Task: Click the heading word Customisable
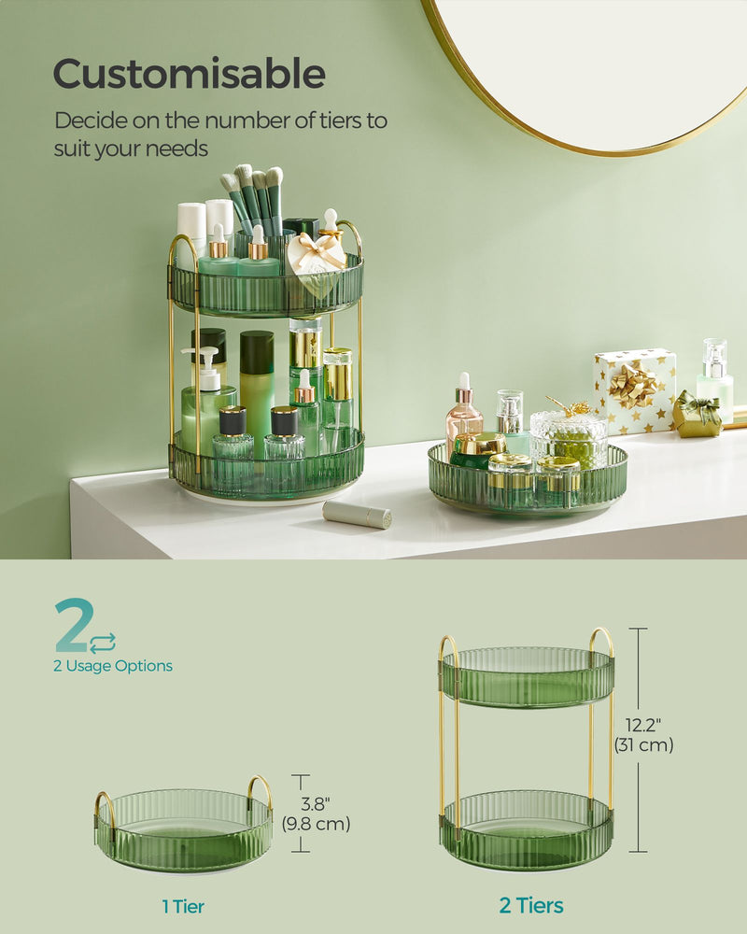pos(189,74)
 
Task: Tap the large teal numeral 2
pos(71,626)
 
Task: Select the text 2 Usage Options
pos(112,666)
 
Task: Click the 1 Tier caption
pos(182,906)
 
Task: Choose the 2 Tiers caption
pos(530,905)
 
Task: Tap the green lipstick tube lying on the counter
pos(357,514)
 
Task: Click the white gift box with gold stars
pos(634,390)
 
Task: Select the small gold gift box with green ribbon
pos(697,415)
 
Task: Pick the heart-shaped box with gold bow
pos(316,262)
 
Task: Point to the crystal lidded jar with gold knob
pos(569,432)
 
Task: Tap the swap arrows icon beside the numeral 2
pos(103,642)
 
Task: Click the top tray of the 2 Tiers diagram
pos(527,677)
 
